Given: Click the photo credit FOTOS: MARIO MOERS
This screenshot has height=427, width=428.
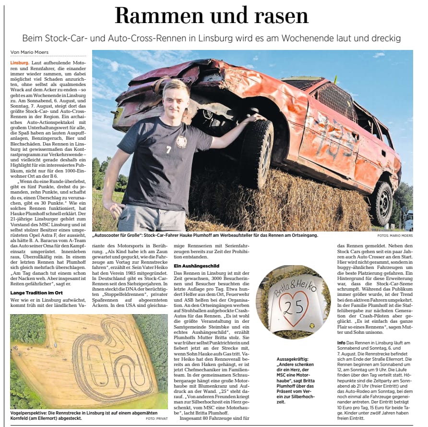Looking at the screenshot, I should click(395, 235).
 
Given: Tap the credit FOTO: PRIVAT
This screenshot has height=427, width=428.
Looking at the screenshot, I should click(156, 418).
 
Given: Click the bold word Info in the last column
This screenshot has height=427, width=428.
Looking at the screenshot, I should click(341, 342).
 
